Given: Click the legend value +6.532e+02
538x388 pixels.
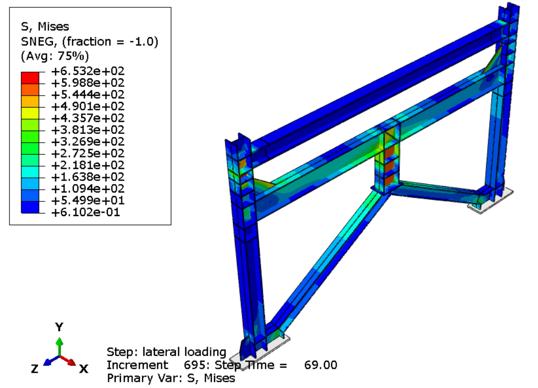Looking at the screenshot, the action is pos(87,71).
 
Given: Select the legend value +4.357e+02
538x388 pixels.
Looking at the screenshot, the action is pos(87,118).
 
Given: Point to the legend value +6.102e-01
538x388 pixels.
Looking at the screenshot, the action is pos(85,212).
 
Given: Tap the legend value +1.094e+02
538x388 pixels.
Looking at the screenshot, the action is pos(87,189).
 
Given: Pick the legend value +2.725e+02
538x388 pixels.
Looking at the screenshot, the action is pos(87,153).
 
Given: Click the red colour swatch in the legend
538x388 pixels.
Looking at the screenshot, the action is pos(30,77).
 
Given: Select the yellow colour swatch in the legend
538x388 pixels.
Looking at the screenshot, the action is pos(30,113).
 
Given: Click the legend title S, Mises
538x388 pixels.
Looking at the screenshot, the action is pos(45,26).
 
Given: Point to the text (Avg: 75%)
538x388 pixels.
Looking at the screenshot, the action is pos(55,56).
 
